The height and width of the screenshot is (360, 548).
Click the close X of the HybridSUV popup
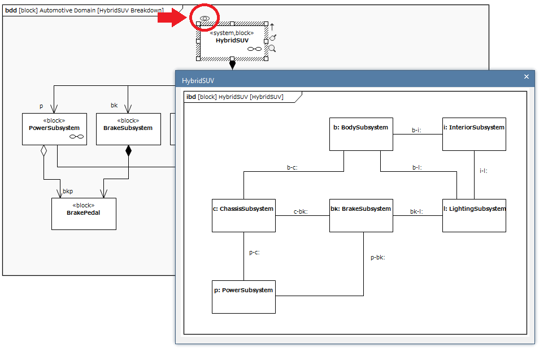[527, 77]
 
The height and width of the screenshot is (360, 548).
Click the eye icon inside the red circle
[205, 19]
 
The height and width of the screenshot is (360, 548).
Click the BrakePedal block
[84, 214]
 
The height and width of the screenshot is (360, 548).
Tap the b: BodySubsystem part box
[361, 134]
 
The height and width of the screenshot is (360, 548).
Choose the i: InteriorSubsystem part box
[474, 134]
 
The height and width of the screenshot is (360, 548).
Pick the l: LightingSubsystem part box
[474, 215]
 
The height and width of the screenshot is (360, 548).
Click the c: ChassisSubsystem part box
[243, 215]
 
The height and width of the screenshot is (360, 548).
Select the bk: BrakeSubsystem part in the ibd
[361, 215]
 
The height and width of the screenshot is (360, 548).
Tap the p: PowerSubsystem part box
[243, 297]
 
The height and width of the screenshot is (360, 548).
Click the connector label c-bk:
[301, 211]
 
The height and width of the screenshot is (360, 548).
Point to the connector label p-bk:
[377, 257]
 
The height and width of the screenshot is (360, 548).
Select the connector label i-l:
[483, 170]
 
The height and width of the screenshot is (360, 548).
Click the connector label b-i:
[416, 130]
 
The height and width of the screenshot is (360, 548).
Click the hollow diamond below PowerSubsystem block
[44, 151]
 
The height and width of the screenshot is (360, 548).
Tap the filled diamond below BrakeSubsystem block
[128, 151]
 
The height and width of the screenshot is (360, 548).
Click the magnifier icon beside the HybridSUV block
[272, 49]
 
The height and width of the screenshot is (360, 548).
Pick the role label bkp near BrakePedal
[67, 192]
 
